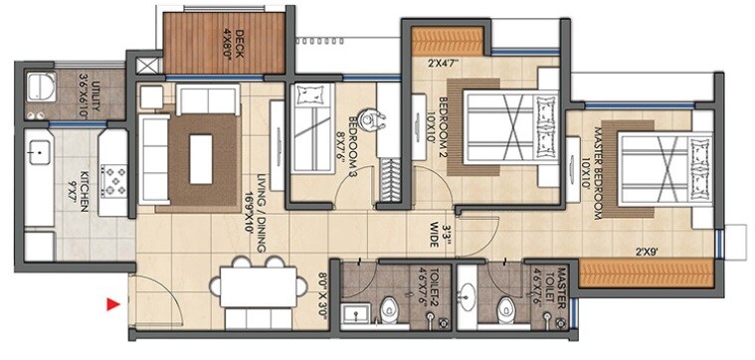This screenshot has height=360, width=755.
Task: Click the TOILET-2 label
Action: coord(431,288)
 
